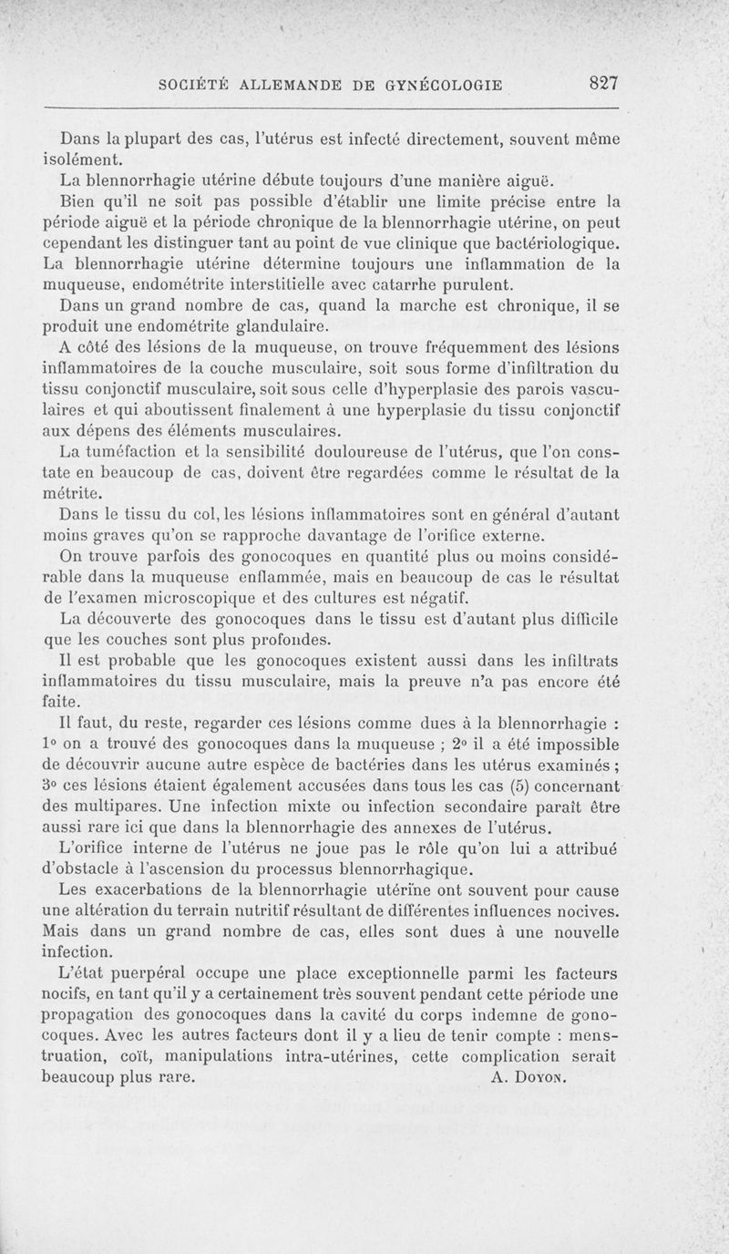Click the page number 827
coord(603,83)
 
